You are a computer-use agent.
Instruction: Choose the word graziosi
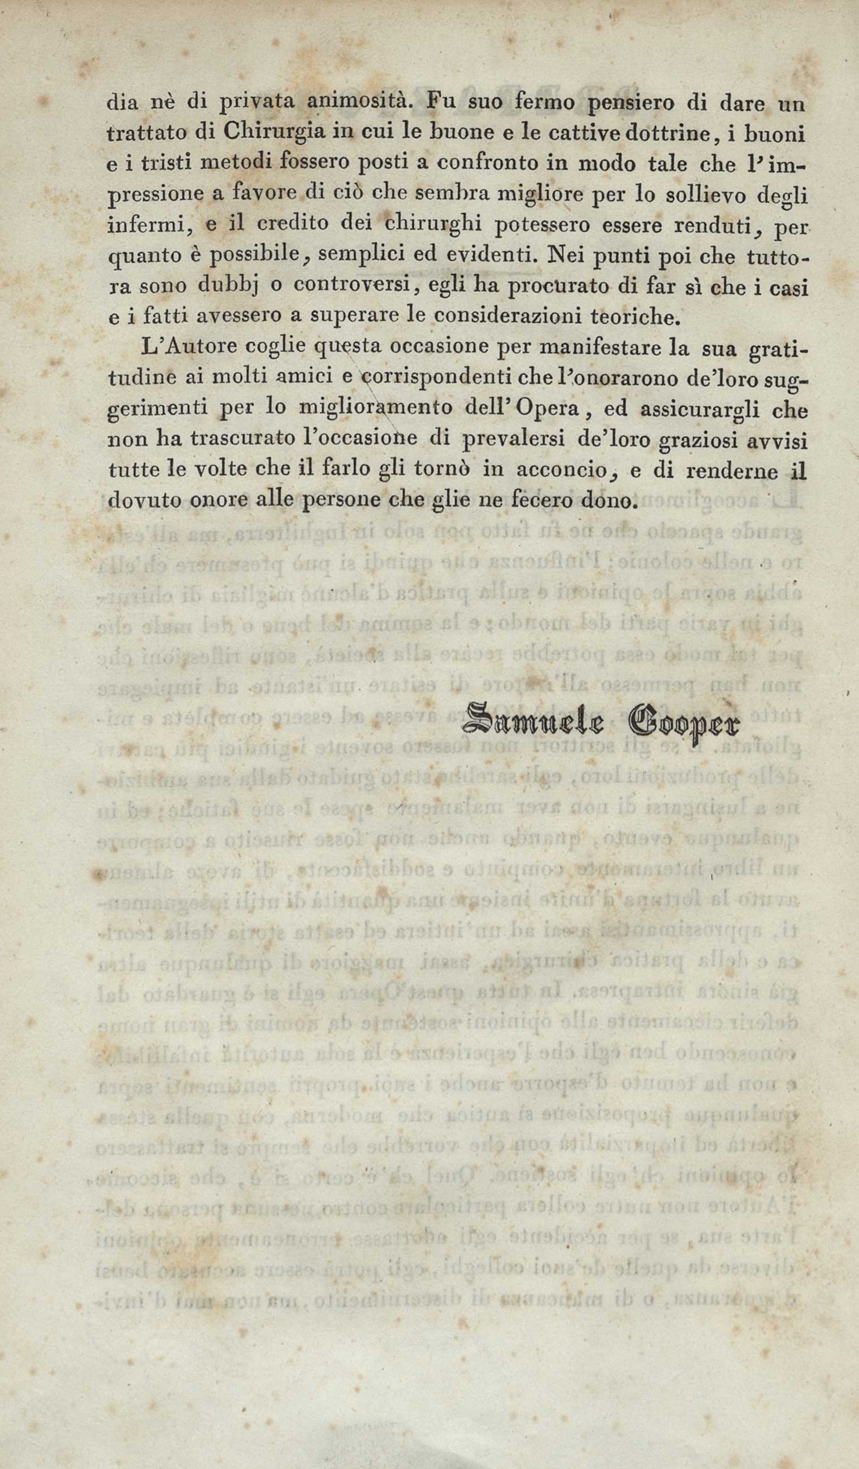tap(699, 441)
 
